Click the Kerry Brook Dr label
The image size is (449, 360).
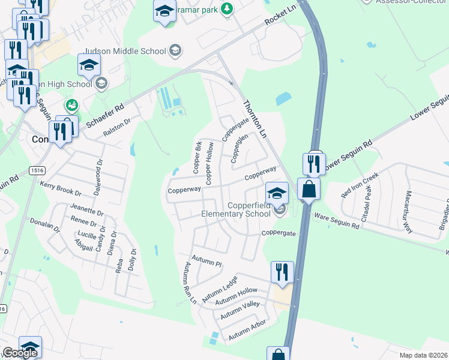(x=61, y=189)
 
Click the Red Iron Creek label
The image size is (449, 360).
(x=360, y=185)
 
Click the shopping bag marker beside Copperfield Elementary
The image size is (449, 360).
(x=309, y=189)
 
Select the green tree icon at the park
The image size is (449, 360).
(x=227, y=8)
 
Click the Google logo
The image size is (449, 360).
(x=20, y=353)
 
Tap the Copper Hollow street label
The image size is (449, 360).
(x=210, y=163)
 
